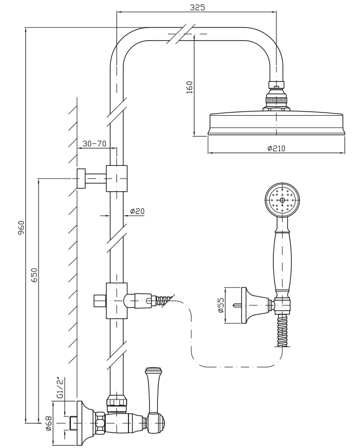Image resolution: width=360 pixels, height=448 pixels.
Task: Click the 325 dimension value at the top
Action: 196,7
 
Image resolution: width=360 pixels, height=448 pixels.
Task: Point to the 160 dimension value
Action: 190,86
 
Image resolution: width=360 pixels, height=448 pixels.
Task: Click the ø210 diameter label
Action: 276,148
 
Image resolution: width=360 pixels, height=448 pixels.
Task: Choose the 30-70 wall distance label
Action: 95,143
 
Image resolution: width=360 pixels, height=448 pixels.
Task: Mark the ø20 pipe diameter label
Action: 137,211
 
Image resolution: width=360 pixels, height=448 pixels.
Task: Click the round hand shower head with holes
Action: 282,201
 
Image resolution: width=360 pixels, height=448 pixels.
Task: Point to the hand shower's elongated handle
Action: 282,262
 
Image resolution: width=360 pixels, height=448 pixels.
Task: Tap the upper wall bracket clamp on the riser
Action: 116,178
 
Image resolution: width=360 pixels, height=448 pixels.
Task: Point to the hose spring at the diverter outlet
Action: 164,301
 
